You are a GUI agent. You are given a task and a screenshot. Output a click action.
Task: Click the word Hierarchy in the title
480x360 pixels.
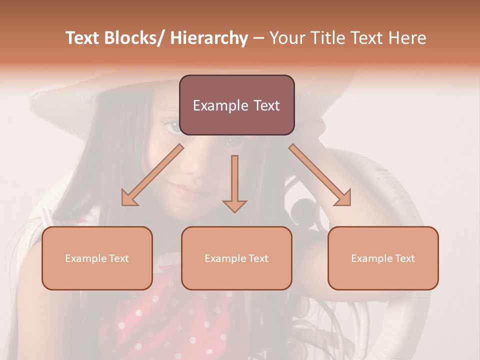pyautogui.click(x=209, y=38)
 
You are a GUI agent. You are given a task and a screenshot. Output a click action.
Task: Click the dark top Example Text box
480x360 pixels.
pyautogui.click(x=236, y=105)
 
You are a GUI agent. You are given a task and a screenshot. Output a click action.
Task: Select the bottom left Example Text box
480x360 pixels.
pyautogui.click(x=97, y=258)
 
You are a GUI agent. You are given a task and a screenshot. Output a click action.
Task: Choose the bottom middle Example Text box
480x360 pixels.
pyautogui.click(x=236, y=258)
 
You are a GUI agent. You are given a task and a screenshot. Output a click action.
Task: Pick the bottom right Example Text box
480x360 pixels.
pyautogui.click(x=383, y=258)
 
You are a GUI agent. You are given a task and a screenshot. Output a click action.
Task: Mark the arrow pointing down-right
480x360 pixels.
pyautogui.click(x=320, y=175)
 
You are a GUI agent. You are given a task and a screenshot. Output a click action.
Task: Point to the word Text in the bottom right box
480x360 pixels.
pyautogui.click(x=404, y=258)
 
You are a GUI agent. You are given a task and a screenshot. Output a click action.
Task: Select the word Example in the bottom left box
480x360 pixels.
pyautogui.click(x=86, y=258)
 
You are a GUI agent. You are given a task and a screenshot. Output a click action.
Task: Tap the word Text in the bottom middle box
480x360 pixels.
pyautogui.click(x=257, y=258)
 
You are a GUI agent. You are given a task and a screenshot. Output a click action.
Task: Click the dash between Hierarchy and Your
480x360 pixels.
pyautogui.click(x=258, y=38)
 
